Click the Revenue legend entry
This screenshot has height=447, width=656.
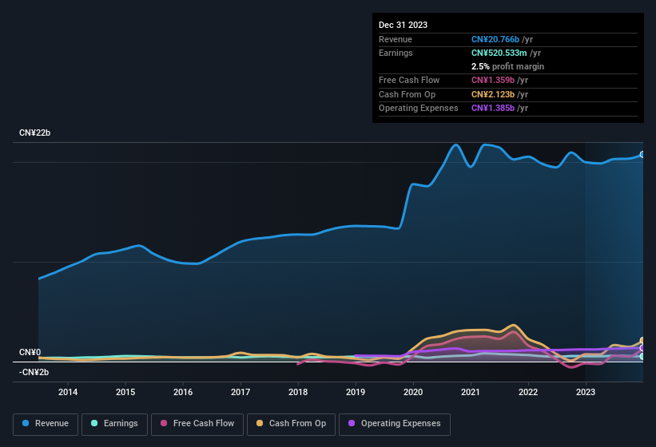point(46,424)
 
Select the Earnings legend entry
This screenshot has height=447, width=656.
point(114,424)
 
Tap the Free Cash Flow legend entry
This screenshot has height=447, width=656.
point(198,424)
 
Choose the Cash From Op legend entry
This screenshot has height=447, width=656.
point(290,424)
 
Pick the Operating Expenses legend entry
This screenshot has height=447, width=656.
point(395,424)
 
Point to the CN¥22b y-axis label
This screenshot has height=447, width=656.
point(34,133)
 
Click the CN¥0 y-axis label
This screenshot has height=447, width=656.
point(30,352)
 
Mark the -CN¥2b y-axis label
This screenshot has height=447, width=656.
point(34,372)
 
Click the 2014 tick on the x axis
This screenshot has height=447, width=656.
point(68,392)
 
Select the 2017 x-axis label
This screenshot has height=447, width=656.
point(241,392)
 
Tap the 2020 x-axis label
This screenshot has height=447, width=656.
point(413,392)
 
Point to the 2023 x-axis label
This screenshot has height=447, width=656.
point(586,392)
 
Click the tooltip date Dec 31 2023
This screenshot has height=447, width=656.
point(403,25)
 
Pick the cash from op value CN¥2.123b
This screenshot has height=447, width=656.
point(491,94)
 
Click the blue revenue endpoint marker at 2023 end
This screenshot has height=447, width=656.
point(642,154)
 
